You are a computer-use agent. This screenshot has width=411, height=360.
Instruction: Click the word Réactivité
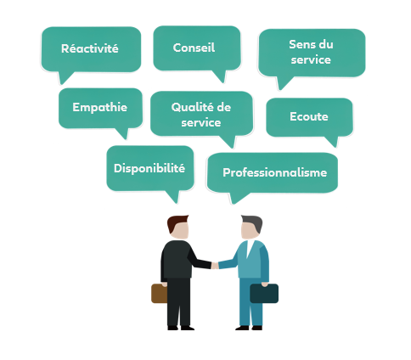tap(90, 48)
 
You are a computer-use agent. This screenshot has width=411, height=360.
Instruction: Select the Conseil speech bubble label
tap(194, 48)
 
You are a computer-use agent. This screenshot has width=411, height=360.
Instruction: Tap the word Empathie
tap(100, 108)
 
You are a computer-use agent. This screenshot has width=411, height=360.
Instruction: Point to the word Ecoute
tap(309, 116)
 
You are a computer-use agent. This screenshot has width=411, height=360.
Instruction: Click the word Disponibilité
tap(149, 168)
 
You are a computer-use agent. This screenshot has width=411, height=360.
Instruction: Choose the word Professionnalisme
tap(275, 172)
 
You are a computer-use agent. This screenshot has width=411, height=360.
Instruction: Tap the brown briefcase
tap(159, 294)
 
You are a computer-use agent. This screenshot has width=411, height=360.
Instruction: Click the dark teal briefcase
tap(264, 294)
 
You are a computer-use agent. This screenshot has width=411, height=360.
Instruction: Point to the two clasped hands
tap(215, 266)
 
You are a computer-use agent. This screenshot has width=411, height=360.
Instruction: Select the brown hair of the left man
tap(176, 222)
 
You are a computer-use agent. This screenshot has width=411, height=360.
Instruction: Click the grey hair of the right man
tap(253, 222)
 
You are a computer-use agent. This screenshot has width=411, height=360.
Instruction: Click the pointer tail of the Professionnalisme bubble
tap(237, 198)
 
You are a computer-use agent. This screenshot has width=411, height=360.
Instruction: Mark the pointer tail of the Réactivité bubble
tap(65, 77)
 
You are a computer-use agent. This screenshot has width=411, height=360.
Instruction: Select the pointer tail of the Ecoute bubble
tap(332, 141)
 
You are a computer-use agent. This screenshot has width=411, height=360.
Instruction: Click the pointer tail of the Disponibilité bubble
tap(174, 196)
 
